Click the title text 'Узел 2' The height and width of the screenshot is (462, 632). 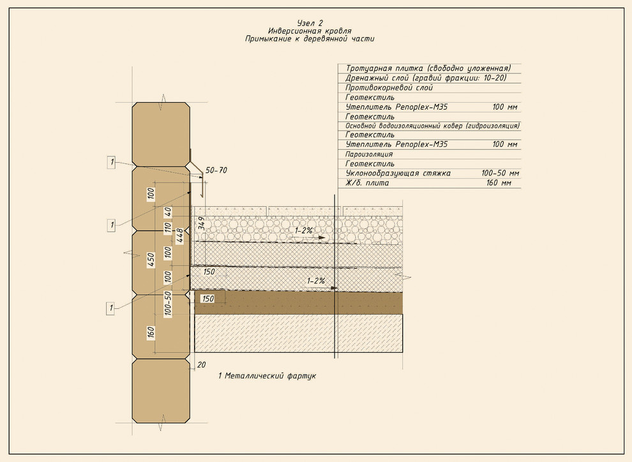click(x=310, y=23)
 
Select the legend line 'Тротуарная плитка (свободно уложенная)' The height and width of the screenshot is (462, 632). click(x=428, y=68)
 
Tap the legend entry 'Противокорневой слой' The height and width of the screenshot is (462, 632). click(x=389, y=87)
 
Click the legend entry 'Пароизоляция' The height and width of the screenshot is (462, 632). click(x=369, y=154)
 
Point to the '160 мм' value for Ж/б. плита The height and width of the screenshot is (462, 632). click(x=499, y=183)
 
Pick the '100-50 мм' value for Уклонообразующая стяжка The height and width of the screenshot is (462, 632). click(x=500, y=173)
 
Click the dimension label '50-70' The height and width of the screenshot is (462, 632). click(x=216, y=170)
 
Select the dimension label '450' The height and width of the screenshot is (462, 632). click(x=151, y=260)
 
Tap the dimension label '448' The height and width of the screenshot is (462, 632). click(x=180, y=235)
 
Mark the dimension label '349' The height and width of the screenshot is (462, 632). click(x=202, y=223)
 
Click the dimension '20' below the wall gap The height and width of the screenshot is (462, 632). click(x=202, y=364)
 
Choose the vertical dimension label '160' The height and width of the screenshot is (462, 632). click(x=151, y=333)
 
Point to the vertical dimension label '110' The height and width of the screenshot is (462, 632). click(x=168, y=228)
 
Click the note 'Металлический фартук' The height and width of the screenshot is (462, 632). click(x=271, y=376)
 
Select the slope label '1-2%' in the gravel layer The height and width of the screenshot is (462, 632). click(x=304, y=230)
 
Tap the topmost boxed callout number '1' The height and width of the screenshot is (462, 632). click(x=112, y=163)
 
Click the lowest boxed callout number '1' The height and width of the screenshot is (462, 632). click(x=111, y=309)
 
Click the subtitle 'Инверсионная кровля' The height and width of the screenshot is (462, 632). click(x=310, y=31)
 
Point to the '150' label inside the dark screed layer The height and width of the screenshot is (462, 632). click(x=207, y=299)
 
